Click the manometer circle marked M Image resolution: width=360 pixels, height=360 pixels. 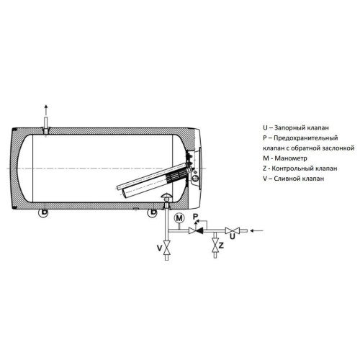(x=179, y=218)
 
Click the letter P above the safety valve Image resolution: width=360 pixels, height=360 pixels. (x=196, y=217)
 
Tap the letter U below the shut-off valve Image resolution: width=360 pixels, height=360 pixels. (x=232, y=237)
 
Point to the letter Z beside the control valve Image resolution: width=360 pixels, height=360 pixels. (x=221, y=246)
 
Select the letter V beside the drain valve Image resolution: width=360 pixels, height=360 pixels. (x=160, y=248)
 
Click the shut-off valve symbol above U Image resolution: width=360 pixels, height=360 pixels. (x=233, y=230)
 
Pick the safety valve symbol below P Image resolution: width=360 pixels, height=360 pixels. (x=196, y=230)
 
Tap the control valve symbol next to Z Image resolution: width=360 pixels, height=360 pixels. (x=215, y=246)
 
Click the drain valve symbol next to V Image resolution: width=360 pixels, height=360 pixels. (x=166, y=248)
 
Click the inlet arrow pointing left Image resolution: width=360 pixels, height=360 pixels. (x=256, y=230)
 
